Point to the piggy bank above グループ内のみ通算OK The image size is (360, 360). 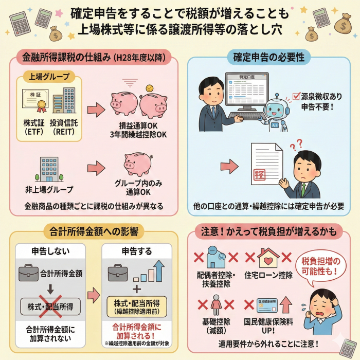click(x=137, y=164)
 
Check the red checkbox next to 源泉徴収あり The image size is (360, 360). click(x=296, y=95)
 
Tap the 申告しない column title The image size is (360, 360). click(x=50, y=251)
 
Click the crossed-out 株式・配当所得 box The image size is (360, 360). click(x=50, y=307)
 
